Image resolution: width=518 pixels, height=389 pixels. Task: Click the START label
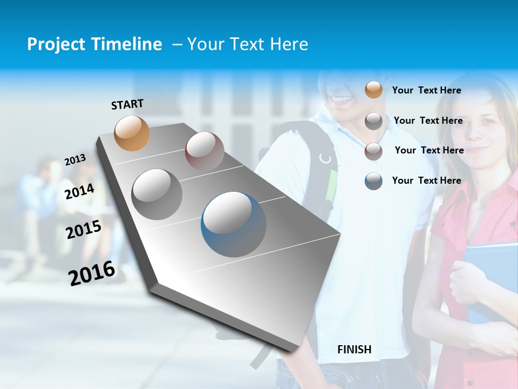tap(127, 104)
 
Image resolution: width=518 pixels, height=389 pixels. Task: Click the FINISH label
tap(354, 350)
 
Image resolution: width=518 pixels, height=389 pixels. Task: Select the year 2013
tap(75, 159)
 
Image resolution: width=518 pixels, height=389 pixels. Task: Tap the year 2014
tap(80, 191)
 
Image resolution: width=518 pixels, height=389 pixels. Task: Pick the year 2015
tap(84, 230)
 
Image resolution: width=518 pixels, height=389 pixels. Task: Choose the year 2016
tap(92, 273)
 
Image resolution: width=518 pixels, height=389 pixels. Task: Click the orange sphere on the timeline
tap(132, 133)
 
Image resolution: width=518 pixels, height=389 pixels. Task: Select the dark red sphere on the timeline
tap(205, 151)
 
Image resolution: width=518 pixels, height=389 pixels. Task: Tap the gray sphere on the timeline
tap(157, 194)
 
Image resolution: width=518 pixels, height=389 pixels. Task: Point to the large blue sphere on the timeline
tap(234, 224)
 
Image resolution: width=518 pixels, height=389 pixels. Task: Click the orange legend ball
tap(373, 90)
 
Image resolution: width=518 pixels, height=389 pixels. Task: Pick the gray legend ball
tap(373, 121)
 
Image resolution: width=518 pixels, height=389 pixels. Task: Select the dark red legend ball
tap(373, 151)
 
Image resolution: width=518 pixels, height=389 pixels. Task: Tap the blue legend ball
tap(373, 180)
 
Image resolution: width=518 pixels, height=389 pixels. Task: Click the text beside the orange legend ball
tap(426, 90)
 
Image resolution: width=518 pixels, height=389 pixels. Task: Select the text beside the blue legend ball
tap(426, 180)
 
